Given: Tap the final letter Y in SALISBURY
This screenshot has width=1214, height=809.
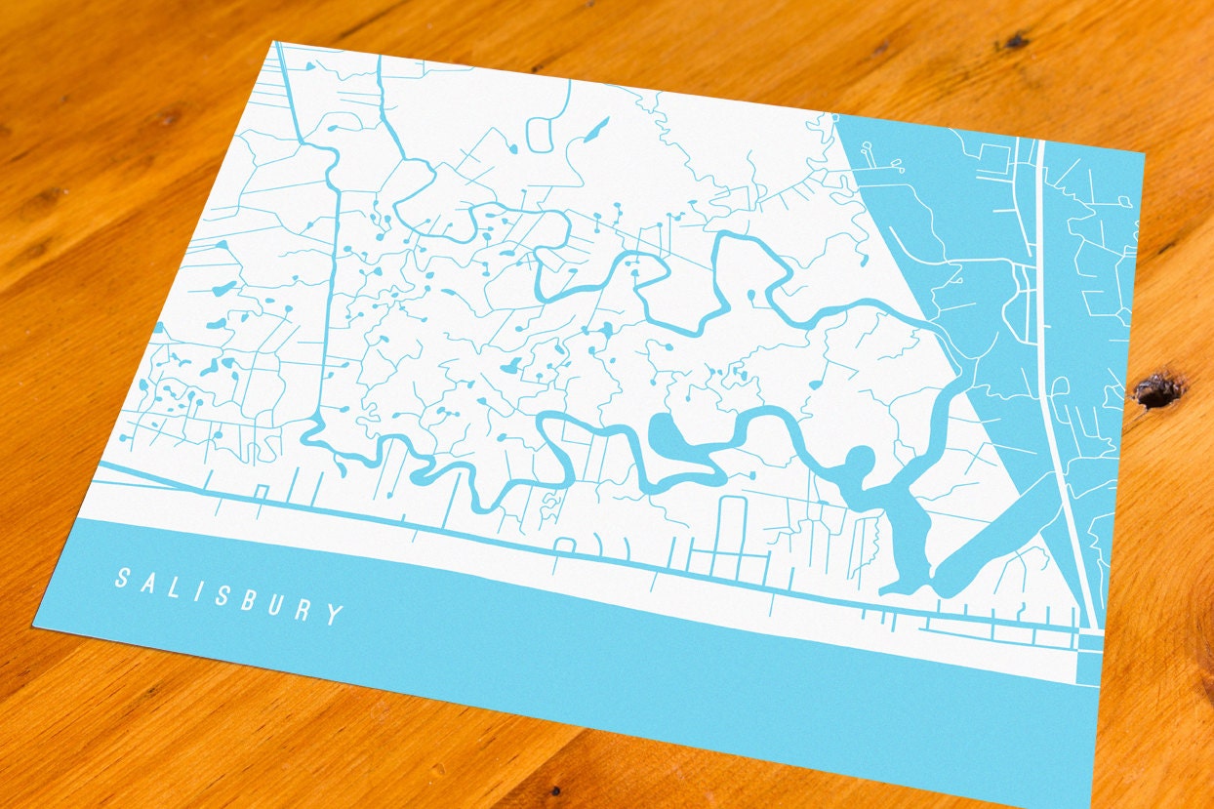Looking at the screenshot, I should click(335, 614).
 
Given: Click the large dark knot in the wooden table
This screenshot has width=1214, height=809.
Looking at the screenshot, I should click(1158, 390).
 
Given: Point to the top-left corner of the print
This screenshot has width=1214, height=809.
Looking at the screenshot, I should click(274, 42).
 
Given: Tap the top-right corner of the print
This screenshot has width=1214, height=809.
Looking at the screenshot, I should click(1144, 153).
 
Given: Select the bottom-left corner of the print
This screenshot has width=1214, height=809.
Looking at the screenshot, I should click(35, 626).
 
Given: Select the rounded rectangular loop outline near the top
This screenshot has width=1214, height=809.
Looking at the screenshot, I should click(544, 133).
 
